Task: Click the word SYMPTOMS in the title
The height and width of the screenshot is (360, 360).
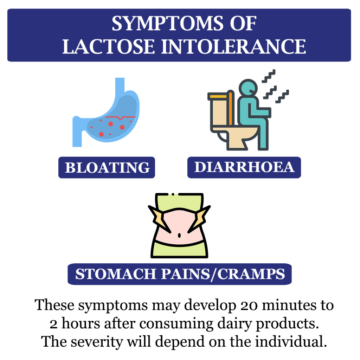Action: (167, 24)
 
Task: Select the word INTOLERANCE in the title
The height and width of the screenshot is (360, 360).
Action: (233, 47)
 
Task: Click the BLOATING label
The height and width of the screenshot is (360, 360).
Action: (107, 167)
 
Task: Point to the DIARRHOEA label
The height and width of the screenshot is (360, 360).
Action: (244, 167)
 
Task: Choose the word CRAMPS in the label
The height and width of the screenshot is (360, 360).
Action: (251, 274)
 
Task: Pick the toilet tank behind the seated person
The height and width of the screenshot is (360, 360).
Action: (221, 110)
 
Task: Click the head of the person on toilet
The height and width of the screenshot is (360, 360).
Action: (248, 88)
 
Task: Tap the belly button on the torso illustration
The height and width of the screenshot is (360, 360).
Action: (179, 235)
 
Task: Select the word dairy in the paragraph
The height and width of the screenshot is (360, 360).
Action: (234, 324)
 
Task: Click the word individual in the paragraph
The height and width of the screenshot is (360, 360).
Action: (291, 341)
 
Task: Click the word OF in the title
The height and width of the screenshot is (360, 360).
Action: (243, 24)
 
